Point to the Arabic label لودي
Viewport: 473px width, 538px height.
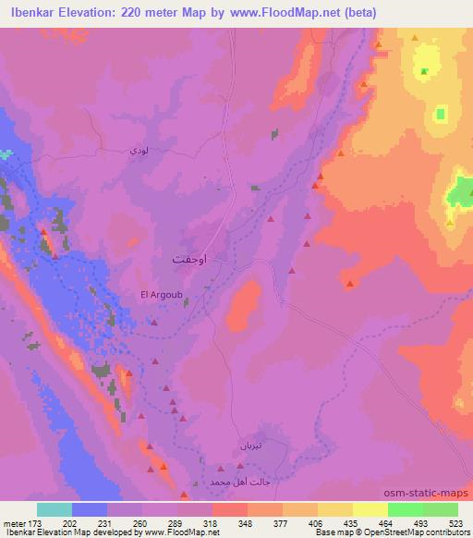(x=138, y=151)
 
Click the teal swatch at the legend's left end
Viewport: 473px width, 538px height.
(x=55, y=509)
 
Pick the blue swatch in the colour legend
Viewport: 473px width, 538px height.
(x=90, y=509)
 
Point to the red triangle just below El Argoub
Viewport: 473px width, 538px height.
(x=154, y=323)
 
